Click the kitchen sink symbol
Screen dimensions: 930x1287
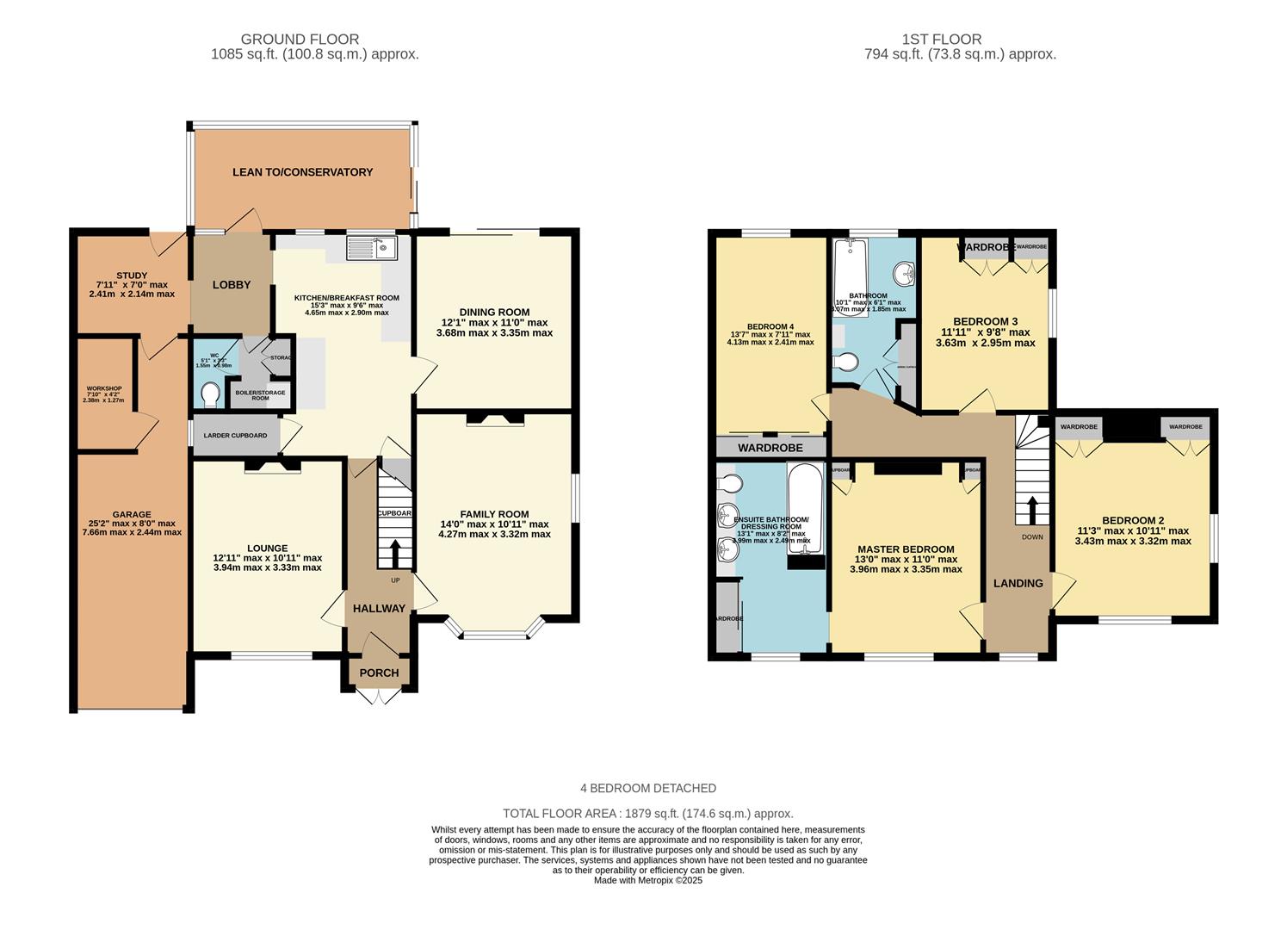pos(370,248)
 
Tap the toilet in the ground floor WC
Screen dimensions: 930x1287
pos(209,395)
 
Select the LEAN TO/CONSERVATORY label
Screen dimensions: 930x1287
pos(302,172)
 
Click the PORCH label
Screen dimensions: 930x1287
pos(379,673)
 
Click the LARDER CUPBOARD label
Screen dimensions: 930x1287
pos(235,436)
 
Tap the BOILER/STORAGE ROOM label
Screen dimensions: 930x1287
pos(261,395)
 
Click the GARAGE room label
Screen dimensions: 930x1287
pos(131,514)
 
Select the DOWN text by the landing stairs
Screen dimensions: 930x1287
pos(1032,537)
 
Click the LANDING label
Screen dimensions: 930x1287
pos(1018,583)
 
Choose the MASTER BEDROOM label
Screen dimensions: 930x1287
pos(906,549)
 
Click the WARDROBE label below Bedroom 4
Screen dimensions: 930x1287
pos(770,448)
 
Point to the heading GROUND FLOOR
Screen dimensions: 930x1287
pos(300,39)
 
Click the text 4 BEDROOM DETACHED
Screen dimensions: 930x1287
pos(648,788)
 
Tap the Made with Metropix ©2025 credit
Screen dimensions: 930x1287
pos(648,880)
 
